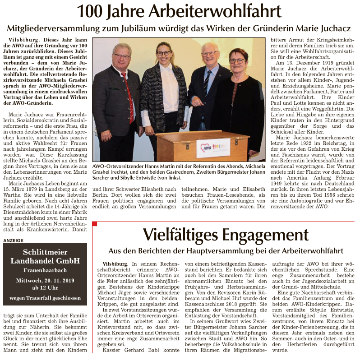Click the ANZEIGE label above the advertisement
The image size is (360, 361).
(x=14, y=241)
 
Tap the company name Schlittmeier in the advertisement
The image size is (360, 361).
(x=45, y=252)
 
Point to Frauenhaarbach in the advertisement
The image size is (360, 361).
(x=45, y=270)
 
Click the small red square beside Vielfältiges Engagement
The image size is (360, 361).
(x=95, y=224)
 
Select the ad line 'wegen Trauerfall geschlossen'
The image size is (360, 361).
(x=45, y=298)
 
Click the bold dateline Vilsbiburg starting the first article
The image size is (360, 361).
(x=23, y=40)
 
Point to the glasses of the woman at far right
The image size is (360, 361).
(x=237, y=60)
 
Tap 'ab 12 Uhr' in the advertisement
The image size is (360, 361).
(x=45, y=288)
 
